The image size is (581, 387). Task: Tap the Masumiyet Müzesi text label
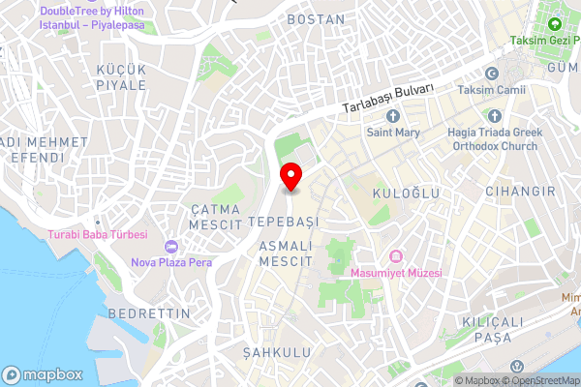(x=396, y=273)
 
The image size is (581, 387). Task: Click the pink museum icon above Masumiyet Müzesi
(x=395, y=255)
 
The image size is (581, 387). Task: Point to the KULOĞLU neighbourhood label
(x=406, y=193)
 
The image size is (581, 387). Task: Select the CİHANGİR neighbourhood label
(x=521, y=192)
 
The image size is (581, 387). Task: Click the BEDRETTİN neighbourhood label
(x=141, y=314)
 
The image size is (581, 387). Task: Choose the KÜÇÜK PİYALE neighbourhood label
(x=120, y=77)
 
